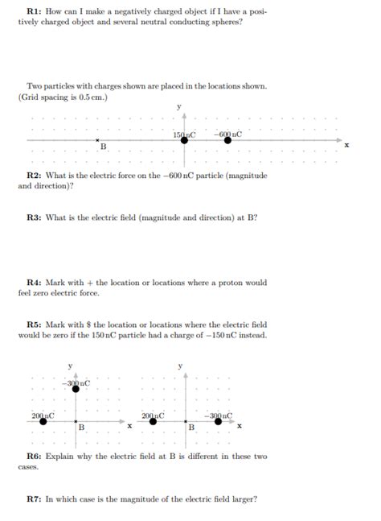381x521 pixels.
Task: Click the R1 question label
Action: (34, 13)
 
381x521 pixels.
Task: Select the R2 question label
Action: (34, 176)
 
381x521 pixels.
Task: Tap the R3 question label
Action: (34, 217)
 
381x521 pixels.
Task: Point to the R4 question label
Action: (34, 283)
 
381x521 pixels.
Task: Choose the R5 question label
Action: (34, 325)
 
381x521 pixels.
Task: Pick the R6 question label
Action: (34, 456)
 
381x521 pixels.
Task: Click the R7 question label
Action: (34, 498)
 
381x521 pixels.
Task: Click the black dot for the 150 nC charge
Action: (184, 140)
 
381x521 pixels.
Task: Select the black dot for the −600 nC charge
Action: (227, 140)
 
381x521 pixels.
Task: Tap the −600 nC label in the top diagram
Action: (228, 133)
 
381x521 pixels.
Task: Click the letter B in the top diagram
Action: (103, 147)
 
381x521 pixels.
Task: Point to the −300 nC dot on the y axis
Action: (76, 388)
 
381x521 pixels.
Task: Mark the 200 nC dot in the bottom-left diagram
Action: (43, 420)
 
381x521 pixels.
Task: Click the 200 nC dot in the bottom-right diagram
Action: (154, 420)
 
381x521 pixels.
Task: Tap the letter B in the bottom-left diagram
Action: (81, 427)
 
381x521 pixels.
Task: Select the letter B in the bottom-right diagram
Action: (192, 427)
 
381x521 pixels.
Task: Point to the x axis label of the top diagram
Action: (347, 146)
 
